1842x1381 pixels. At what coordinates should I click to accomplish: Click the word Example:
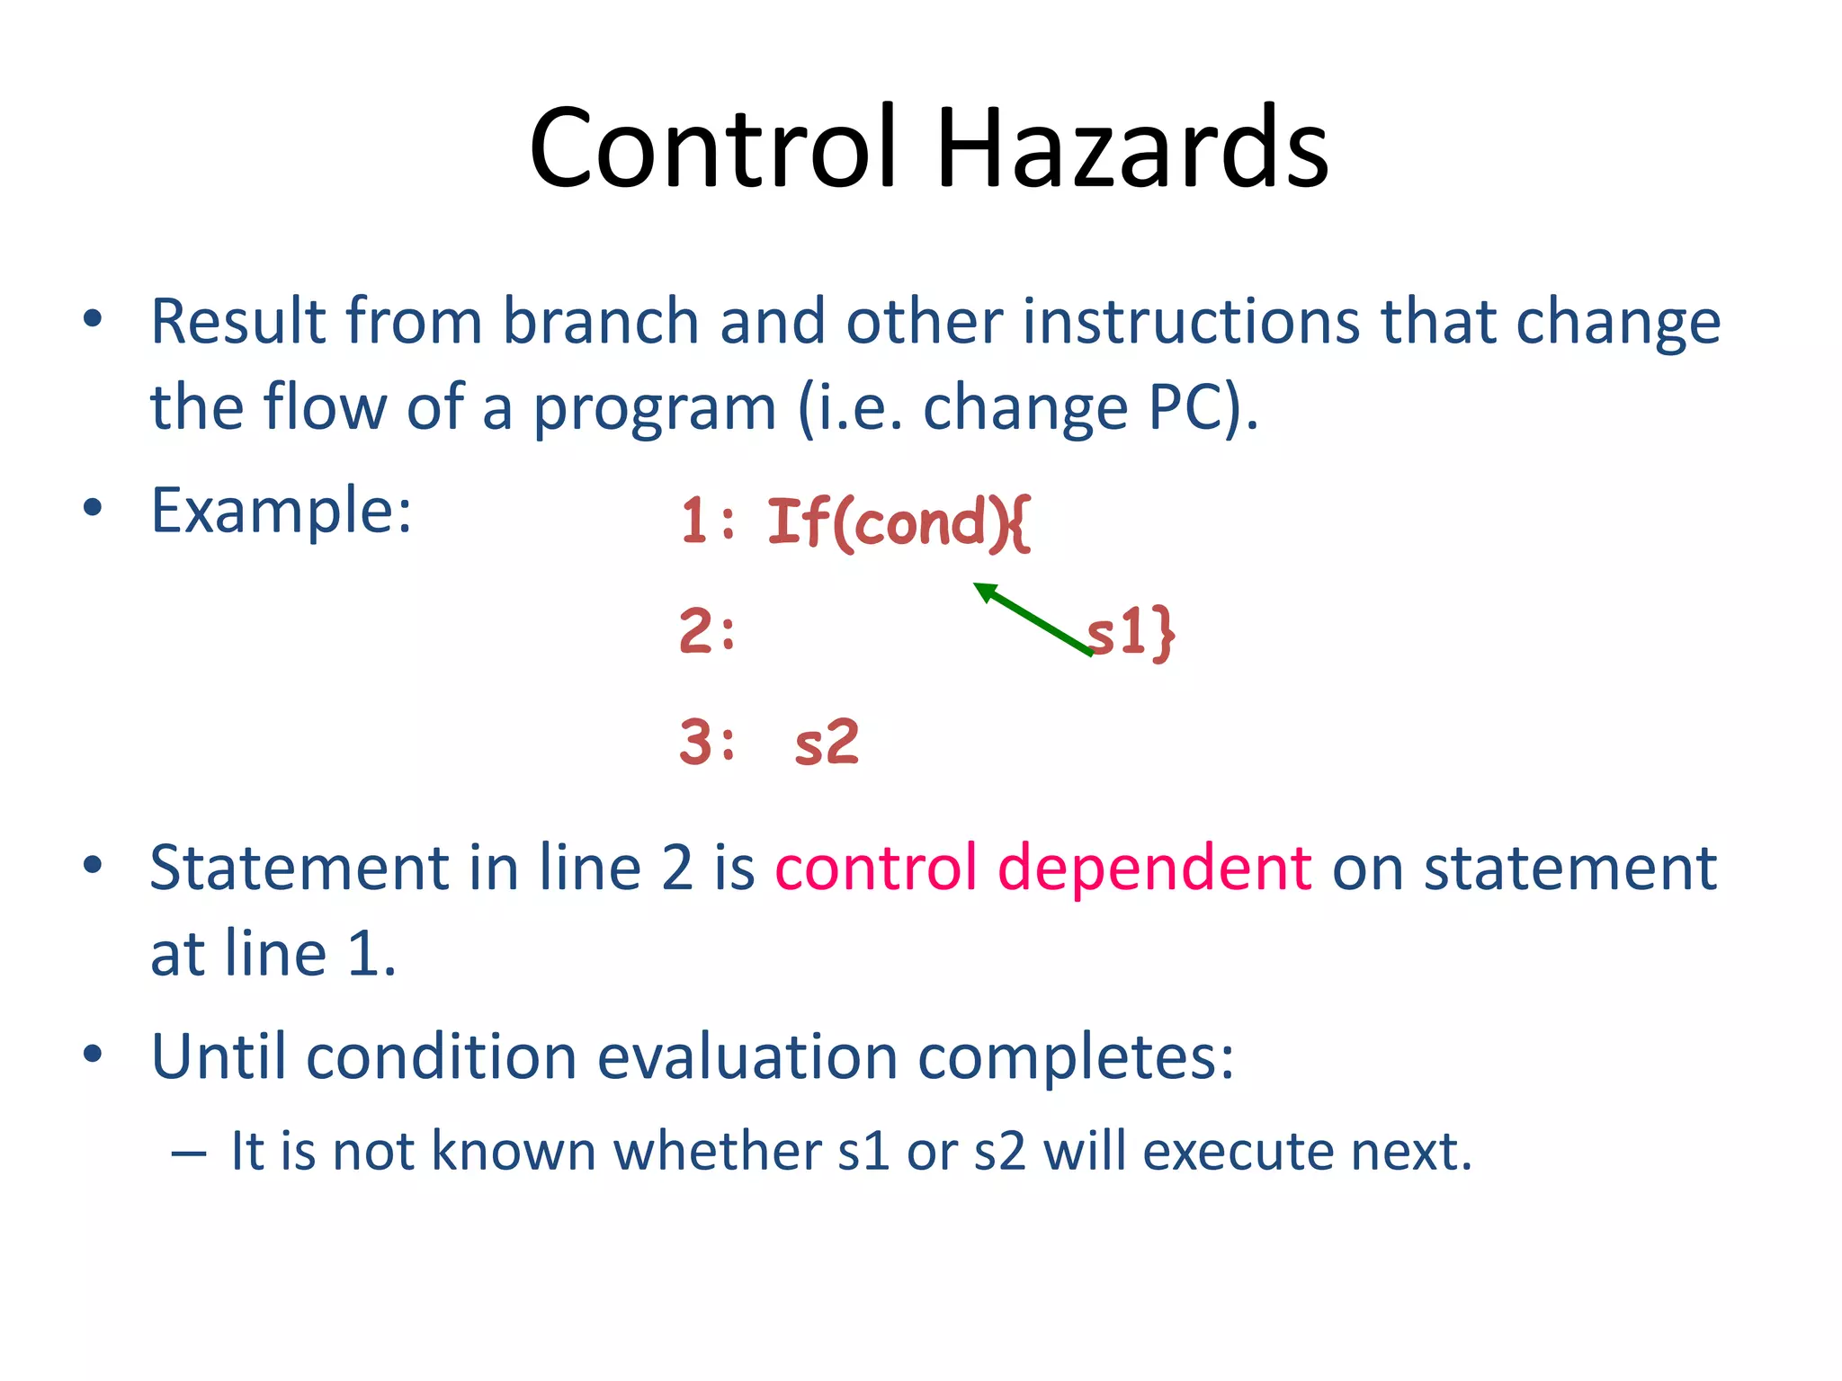(x=282, y=510)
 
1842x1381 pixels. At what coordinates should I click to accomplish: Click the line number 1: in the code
(x=709, y=521)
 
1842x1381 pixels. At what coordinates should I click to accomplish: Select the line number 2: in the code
(x=708, y=631)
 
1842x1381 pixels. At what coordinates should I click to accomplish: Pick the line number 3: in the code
(x=708, y=743)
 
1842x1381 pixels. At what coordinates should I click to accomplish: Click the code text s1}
(x=1131, y=631)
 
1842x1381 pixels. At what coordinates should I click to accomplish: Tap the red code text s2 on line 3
(x=827, y=744)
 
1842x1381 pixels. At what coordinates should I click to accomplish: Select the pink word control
(x=875, y=869)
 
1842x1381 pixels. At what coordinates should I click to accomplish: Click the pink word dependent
(x=1154, y=869)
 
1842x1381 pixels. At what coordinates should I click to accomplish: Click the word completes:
(x=1076, y=1056)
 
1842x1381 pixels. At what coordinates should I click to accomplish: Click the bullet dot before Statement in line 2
(x=92, y=867)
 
